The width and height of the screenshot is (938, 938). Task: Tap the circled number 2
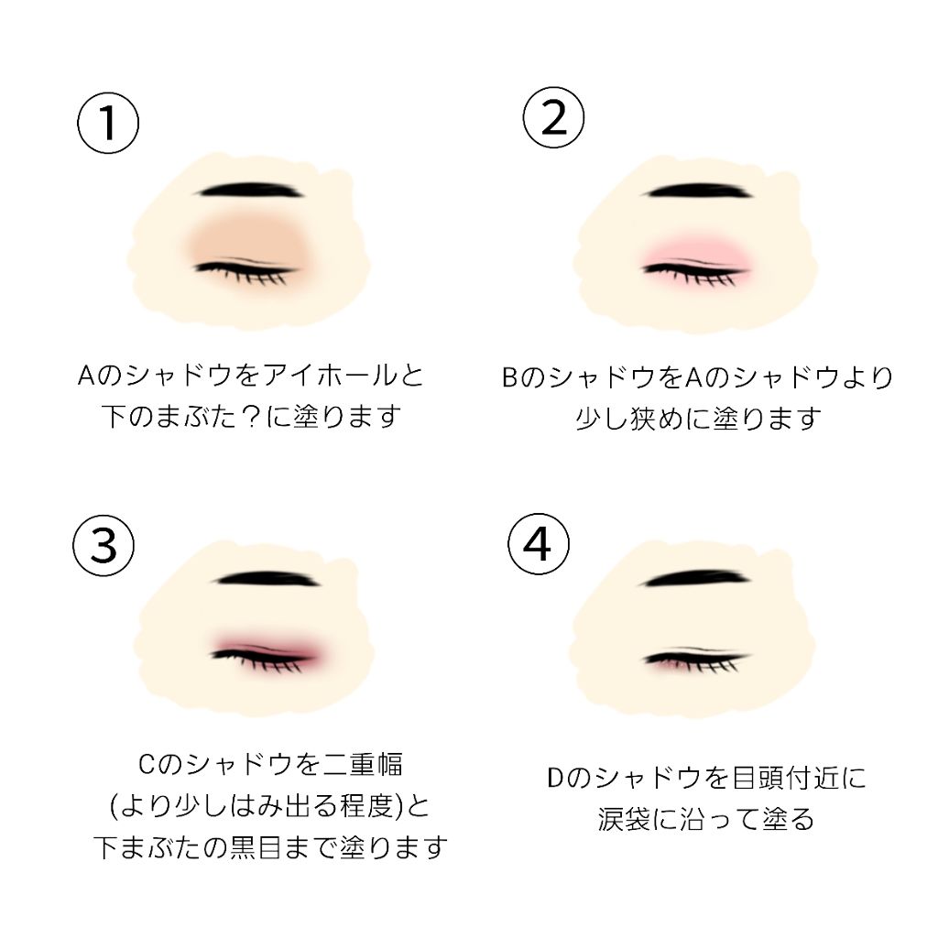point(553,116)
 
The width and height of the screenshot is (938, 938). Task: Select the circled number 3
point(104,544)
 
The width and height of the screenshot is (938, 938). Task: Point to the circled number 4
point(538,544)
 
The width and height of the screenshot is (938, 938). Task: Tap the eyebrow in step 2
point(696,191)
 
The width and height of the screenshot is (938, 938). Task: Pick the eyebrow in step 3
point(267,580)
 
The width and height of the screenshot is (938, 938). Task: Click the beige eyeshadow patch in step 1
point(247,240)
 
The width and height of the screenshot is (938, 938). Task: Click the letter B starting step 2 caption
point(510,377)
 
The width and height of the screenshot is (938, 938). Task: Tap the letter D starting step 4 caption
point(555,779)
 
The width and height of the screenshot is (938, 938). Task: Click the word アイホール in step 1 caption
point(345,376)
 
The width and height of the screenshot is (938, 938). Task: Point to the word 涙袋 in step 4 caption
point(623,818)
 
